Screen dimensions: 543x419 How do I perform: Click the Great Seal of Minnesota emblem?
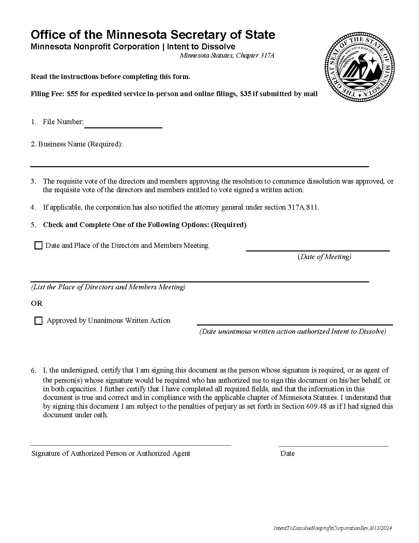[x=360, y=67]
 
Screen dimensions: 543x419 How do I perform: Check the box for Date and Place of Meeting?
[x=38, y=246]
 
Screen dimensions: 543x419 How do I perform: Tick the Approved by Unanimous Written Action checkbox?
[x=38, y=321]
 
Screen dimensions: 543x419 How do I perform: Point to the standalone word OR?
[x=36, y=303]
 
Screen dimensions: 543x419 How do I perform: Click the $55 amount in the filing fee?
[x=72, y=94]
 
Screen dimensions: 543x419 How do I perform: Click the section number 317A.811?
[x=303, y=207]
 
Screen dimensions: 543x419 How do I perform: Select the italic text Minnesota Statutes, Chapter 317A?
[x=227, y=56]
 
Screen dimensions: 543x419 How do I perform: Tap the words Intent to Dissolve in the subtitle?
[x=201, y=47]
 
